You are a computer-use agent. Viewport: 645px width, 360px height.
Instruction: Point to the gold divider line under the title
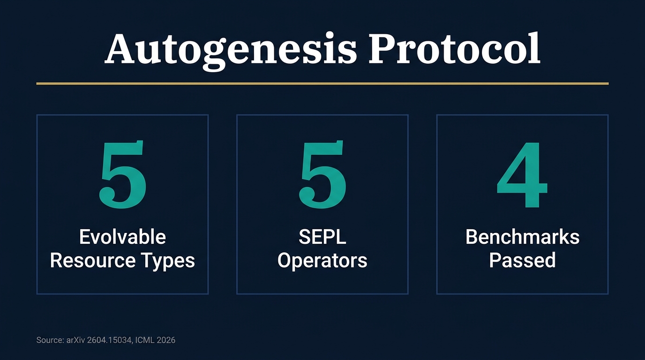pyautogui.click(x=322, y=83)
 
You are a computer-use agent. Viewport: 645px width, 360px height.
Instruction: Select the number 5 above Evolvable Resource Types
pyautogui.click(x=123, y=175)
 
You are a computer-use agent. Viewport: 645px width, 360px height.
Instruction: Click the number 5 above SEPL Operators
pyautogui.click(x=322, y=175)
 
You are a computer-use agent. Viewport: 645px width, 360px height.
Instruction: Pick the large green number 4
pyautogui.click(x=522, y=175)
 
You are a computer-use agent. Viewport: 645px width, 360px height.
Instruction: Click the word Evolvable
pyautogui.click(x=122, y=237)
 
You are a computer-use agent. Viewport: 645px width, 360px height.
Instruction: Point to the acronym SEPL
pyautogui.click(x=322, y=237)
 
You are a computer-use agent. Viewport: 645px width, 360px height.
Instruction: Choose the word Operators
pyautogui.click(x=322, y=261)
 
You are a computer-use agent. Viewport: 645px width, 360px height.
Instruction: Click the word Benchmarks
pyautogui.click(x=522, y=237)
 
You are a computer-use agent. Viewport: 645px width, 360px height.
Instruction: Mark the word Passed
pyautogui.click(x=522, y=260)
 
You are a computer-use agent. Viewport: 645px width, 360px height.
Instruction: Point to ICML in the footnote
pyautogui.click(x=144, y=340)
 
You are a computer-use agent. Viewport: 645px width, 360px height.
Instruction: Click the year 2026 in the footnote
pyautogui.click(x=165, y=340)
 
